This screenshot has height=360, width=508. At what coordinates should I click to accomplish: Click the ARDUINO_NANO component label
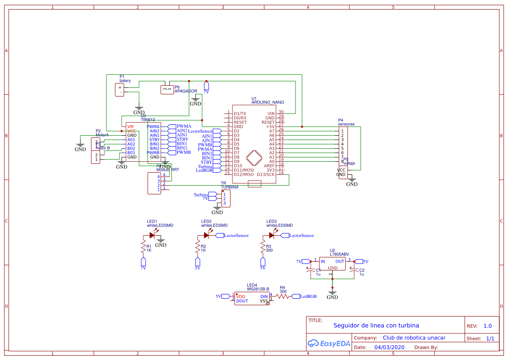coord(268,103)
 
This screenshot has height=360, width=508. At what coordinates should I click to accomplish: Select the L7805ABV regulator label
coord(339,254)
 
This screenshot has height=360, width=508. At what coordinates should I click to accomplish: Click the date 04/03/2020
coord(389,347)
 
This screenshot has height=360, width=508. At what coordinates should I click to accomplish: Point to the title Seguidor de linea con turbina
coord(376,326)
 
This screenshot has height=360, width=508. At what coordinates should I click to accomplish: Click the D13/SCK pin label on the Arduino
coord(266,174)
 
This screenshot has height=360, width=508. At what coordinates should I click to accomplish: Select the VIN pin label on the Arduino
coord(271,113)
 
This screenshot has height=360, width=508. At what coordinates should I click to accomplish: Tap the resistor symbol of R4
coord(282,297)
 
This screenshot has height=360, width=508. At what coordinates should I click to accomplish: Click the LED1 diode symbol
coord(152,235)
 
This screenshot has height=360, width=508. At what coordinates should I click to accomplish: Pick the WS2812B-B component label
coord(258,289)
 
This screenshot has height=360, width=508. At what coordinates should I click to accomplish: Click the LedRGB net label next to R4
coord(309,297)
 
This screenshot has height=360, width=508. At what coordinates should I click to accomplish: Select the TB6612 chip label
coord(148,120)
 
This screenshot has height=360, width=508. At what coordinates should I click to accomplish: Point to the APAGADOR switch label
coord(186,92)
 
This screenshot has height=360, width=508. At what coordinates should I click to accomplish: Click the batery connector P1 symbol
coord(120,90)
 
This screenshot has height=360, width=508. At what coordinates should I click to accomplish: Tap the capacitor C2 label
coord(362,270)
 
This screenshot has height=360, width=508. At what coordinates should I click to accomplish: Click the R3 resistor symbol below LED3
coord(262,248)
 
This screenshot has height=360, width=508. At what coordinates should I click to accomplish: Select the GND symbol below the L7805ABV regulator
coord(332,294)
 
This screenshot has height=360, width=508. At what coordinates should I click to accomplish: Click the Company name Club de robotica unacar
coord(414,338)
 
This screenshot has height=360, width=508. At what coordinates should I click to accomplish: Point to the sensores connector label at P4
coord(346,124)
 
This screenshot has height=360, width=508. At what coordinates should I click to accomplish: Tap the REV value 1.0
coord(488,326)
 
